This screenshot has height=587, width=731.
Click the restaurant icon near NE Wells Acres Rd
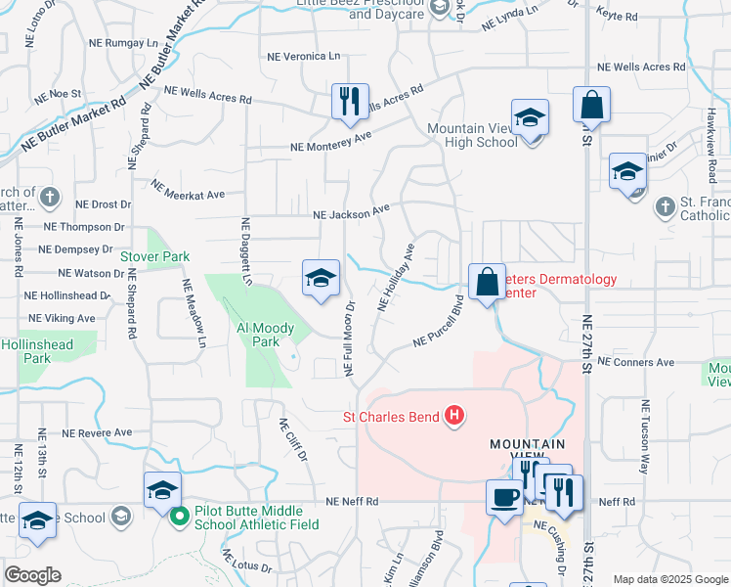[x=349, y=102]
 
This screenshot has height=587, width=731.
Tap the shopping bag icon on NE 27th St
[x=591, y=105]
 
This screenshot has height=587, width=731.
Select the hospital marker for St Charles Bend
[x=453, y=416]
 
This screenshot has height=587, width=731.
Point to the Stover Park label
[x=154, y=256]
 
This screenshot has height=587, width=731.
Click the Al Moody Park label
[x=258, y=335]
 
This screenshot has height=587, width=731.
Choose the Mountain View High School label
[x=471, y=135]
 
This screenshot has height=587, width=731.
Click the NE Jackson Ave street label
[x=351, y=211]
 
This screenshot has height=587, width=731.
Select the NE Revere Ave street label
[x=96, y=431]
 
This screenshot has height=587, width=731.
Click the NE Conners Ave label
[x=635, y=362]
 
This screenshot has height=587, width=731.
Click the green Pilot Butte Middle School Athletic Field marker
[x=178, y=516]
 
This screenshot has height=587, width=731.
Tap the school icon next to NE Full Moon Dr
[x=321, y=279]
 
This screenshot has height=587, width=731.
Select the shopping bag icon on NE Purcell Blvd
[x=486, y=283]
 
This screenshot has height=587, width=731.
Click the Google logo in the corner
[x=32, y=575]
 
